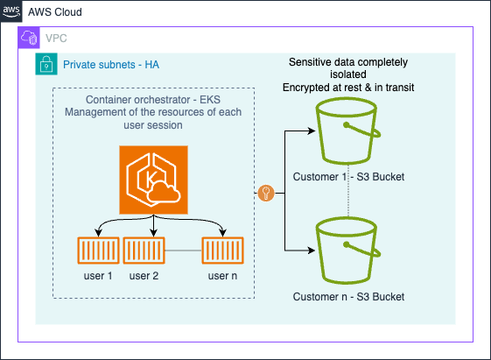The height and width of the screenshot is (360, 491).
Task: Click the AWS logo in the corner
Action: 11,11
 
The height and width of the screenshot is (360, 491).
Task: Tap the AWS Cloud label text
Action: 55,12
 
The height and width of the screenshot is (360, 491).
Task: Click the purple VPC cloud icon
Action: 29,38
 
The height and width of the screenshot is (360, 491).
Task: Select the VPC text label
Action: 56,39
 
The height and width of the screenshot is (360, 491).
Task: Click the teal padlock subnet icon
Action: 46,64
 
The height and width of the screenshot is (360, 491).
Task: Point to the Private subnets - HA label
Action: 111,65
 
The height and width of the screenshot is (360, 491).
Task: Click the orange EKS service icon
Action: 153,180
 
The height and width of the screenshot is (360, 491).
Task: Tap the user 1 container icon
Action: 98,251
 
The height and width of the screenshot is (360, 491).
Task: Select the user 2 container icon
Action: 144,251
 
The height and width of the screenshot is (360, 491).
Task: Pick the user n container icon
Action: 222,251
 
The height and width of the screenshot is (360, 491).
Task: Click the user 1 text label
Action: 98,276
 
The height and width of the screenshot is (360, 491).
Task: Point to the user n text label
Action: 222,276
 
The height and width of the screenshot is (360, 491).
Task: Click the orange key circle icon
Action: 266,193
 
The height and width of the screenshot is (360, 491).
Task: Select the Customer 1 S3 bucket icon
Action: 347,131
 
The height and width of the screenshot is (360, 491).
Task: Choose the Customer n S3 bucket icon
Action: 347,251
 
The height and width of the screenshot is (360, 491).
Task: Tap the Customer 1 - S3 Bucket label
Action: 348,177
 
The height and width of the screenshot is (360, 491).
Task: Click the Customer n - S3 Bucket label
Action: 348,297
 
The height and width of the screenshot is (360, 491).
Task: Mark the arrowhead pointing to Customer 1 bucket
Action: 312,131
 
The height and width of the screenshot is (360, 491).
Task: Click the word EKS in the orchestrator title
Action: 210,100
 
